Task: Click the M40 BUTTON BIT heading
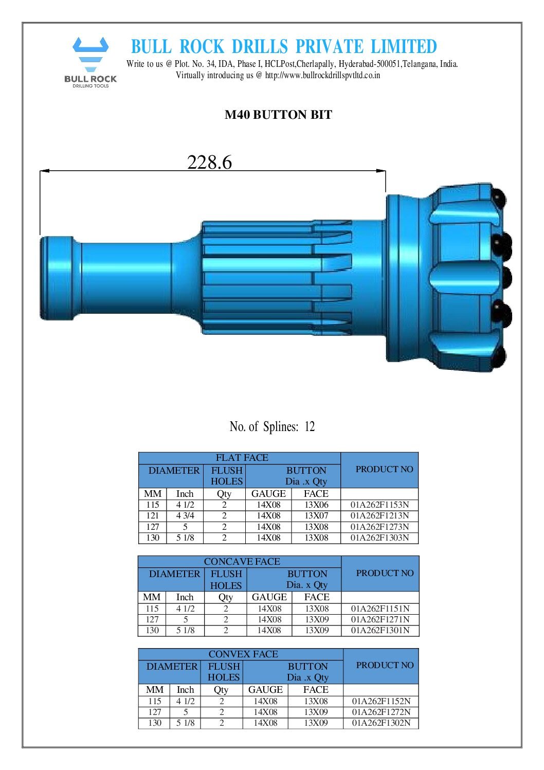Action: [x=278, y=115]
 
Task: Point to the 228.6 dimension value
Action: [x=209, y=162]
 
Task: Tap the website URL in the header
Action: [x=322, y=75]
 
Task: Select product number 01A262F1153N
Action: [x=379, y=505]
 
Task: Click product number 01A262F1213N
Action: [x=379, y=515]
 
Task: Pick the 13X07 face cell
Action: [x=316, y=515]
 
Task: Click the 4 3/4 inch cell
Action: [x=185, y=515]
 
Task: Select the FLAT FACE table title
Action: [x=242, y=457]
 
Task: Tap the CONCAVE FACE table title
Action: [x=242, y=561]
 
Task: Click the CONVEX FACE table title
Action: [x=243, y=654]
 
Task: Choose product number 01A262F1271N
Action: [x=380, y=619]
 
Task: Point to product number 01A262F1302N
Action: [x=381, y=723]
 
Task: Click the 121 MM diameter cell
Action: [x=153, y=515]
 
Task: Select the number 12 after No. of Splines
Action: [x=310, y=426]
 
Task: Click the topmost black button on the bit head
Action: [x=499, y=196]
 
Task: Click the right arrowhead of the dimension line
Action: [x=382, y=171]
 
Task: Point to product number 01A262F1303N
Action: [x=379, y=538]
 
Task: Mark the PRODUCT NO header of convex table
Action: [x=385, y=665]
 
